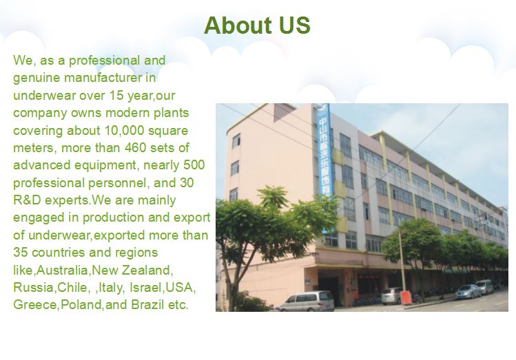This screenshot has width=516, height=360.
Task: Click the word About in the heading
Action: (237, 25)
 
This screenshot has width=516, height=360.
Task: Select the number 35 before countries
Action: (21, 253)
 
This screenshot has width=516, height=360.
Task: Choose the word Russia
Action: (30, 287)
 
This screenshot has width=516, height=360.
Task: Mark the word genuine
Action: (35, 78)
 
